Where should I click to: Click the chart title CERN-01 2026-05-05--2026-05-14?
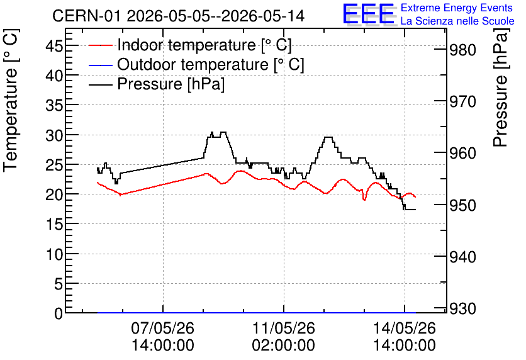tap(178, 16)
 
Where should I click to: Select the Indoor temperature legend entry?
tap(191, 45)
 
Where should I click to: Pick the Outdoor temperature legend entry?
tap(196, 64)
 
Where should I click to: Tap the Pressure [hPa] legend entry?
tap(157, 84)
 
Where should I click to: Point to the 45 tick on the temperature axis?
tap(54, 45)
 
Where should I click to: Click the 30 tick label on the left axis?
tap(54, 135)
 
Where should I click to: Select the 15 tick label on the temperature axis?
tap(54, 224)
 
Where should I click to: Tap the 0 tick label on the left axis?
tap(59, 313)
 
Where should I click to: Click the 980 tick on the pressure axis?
tap(462, 50)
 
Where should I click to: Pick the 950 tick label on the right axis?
tap(462, 205)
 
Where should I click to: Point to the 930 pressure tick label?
tap(462, 308)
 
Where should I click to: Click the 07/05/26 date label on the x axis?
tap(163, 328)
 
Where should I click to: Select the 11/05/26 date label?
tap(284, 328)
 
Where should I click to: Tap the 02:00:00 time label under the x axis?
tap(284, 346)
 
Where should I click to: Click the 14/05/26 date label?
tap(405, 328)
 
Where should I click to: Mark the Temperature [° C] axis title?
tap(11, 100)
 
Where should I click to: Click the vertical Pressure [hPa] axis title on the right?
tap(500, 87)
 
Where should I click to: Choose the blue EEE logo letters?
tap(369, 14)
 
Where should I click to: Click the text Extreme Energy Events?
tap(457, 8)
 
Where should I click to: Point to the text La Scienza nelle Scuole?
tap(457, 21)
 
